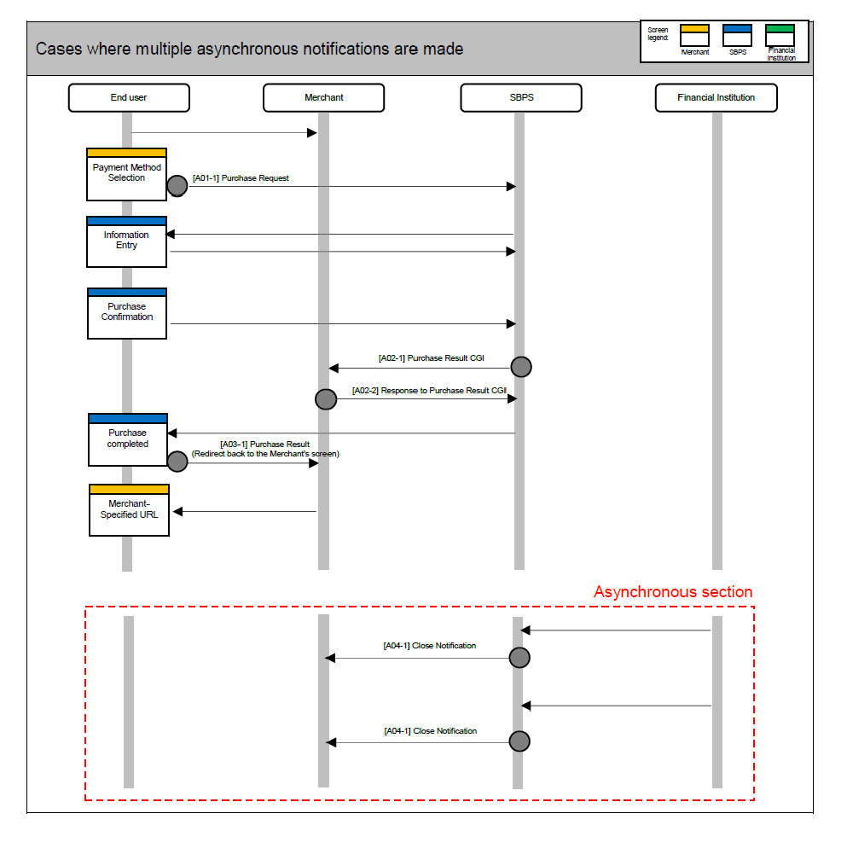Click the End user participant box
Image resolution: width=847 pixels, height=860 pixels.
[x=129, y=98]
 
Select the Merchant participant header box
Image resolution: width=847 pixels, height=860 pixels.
[x=323, y=98]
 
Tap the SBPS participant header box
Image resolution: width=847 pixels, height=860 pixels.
[x=520, y=98]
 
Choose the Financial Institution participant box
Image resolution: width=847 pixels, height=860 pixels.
[x=716, y=98]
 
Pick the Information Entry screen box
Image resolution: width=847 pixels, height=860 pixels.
[x=126, y=242]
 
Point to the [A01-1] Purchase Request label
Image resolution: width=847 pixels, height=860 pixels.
[x=241, y=178]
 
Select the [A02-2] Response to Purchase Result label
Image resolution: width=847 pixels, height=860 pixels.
[x=429, y=390]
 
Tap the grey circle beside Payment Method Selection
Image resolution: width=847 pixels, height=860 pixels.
[x=177, y=186]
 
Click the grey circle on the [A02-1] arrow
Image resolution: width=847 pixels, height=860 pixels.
[x=521, y=367]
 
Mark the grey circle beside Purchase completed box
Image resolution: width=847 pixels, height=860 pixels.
[x=177, y=462]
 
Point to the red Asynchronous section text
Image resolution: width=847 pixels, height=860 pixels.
[x=673, y=592]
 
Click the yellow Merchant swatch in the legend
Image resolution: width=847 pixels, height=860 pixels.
[x=694, y=29]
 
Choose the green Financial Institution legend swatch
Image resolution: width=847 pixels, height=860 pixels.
[x=780, y=29]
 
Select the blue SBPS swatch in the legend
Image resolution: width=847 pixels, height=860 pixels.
[x=737, y=29]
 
